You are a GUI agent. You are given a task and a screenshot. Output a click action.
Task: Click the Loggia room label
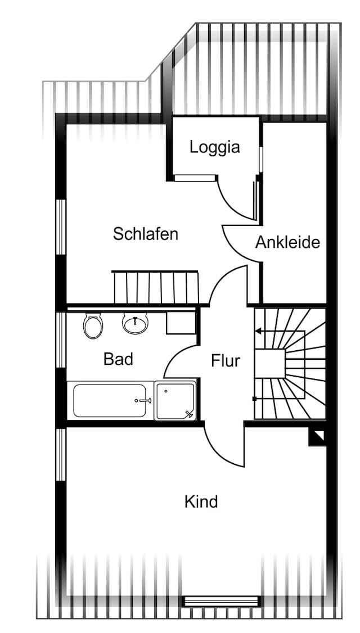214,148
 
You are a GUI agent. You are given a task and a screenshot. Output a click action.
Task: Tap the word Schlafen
146,234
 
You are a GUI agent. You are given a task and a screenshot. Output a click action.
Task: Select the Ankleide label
287,243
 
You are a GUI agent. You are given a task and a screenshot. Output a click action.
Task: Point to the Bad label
118,359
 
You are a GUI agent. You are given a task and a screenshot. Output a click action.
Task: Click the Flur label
226,361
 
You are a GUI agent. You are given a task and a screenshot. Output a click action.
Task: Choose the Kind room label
201,502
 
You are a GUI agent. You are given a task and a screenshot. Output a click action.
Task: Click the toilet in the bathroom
93,325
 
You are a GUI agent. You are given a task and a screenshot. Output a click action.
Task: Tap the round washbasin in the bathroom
136,323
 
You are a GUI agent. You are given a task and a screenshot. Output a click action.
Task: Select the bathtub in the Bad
110,400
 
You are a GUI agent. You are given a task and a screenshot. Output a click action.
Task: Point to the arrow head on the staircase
258,332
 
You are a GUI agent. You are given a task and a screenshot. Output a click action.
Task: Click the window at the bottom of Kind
222,601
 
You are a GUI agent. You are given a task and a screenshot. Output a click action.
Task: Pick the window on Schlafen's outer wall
61,227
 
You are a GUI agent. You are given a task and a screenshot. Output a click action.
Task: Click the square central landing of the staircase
270,364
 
